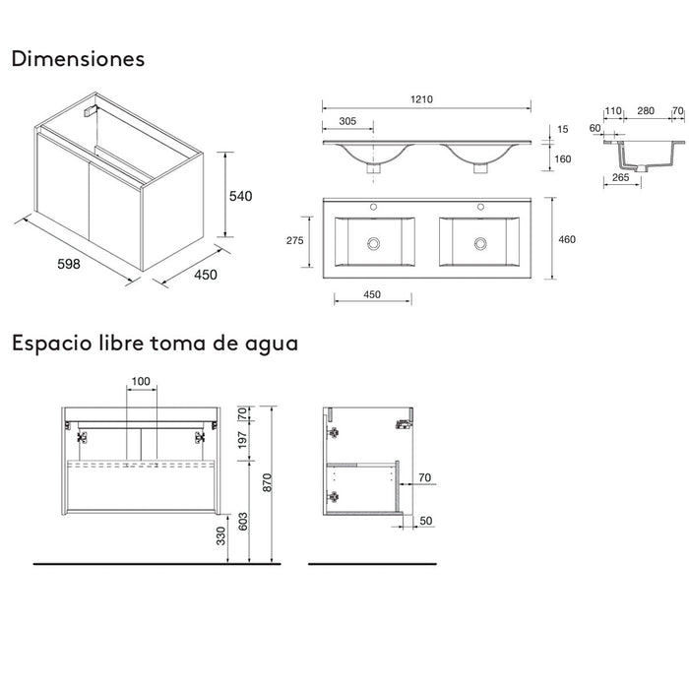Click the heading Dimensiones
(x=78, y=59)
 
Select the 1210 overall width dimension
(x=424, y=99)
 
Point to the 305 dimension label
(x=348, y=123)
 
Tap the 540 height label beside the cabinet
(x=241, y=196)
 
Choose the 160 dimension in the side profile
(x=562, y=158)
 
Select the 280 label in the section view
(x=645, y=112)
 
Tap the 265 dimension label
(x=621, y=177)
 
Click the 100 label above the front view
(x=141, y=381)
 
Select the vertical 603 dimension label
(x=241, y=522)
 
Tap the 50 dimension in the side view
(x=427, y=521)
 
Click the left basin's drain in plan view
(x=373, y=242)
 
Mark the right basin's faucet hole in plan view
(x=481, y=208)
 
